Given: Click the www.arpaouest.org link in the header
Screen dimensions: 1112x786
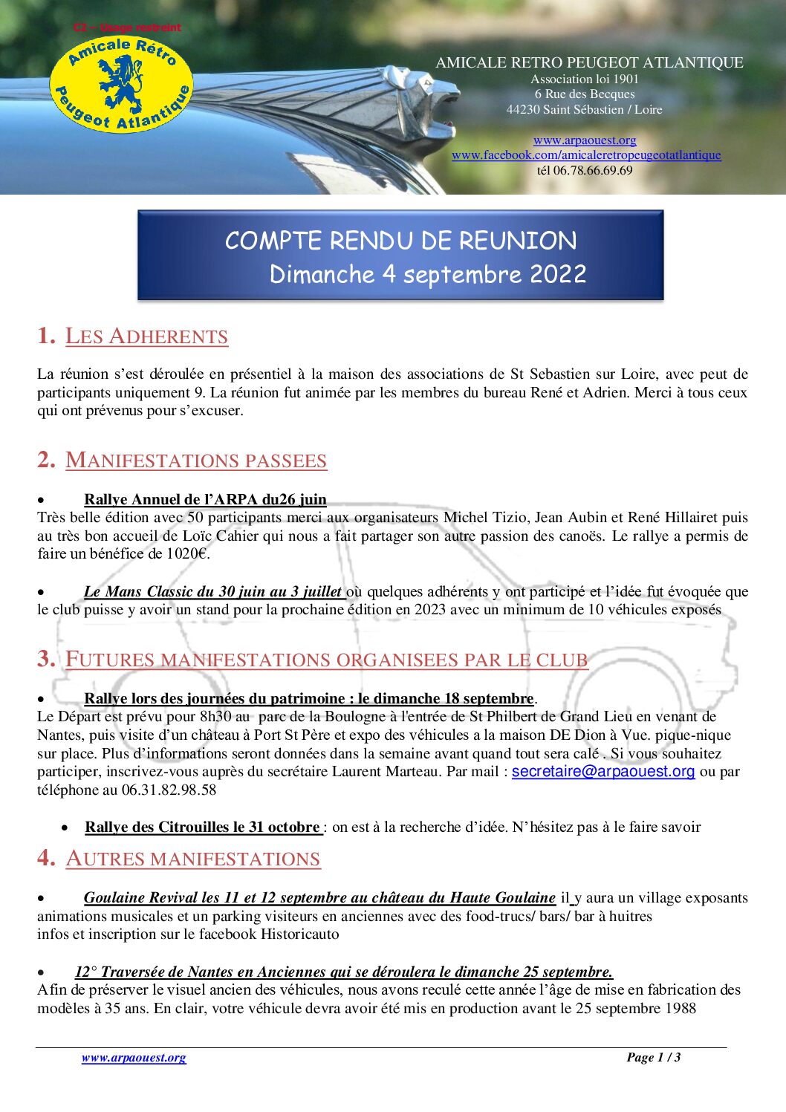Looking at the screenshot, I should coord(585,140).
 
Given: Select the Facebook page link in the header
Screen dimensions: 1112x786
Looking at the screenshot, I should coord(586,155).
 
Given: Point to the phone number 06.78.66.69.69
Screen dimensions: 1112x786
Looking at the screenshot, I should coord(593,170).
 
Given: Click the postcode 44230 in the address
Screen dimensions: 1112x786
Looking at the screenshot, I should coord(523,109).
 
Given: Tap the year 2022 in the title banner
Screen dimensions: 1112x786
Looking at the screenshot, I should coord(558,274).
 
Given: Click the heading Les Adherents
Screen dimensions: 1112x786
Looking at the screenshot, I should coord(146,336).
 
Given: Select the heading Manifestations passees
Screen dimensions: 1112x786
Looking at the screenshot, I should coord(196,460).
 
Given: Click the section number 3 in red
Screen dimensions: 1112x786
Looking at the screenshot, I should coord(46,658).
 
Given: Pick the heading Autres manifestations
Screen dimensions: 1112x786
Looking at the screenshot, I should coord(193,858).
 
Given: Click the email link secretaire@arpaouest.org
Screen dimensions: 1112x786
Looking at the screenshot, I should coord(603,771).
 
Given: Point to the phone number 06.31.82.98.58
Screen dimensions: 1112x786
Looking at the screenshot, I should coord(169,790).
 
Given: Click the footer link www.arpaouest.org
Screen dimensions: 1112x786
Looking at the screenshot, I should coord(134,1057).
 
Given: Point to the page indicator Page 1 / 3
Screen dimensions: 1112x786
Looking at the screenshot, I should coord(653,1057).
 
